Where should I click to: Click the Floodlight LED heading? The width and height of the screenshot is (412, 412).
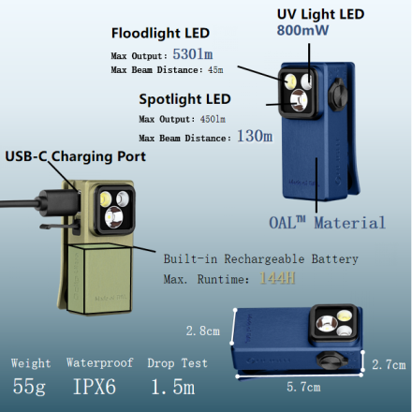click(160, 33)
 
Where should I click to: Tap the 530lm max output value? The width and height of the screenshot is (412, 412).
click(193, 54)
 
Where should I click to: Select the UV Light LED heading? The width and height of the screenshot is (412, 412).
click(320, 14)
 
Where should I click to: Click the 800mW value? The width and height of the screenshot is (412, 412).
click(302, 30)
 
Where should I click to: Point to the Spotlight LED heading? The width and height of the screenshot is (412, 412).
click(184, 99)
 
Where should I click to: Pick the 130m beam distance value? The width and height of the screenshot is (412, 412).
click(255, 136)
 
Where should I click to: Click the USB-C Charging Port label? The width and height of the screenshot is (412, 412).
click(76, 156)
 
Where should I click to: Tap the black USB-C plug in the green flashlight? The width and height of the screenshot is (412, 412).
click(59, 203)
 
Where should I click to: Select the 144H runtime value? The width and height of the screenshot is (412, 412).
click(277, 278)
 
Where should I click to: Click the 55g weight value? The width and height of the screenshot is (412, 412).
click(29, 387)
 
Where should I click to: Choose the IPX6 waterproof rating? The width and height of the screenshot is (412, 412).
click(95, 387)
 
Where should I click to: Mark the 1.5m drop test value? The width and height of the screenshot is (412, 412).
click(173, 387)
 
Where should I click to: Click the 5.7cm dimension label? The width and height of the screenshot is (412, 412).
click(303, 387)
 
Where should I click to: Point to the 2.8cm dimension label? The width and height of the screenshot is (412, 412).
click(203, 331)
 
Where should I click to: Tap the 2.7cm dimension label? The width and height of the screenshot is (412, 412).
click(389, 364)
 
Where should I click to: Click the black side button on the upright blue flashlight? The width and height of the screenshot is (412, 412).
click(338, 95)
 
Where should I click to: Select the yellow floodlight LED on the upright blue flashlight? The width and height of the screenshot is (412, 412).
click(290, 81)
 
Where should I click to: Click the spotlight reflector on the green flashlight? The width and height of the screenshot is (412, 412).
click(113, 217)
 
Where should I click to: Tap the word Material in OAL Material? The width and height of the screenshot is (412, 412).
click(350, 223)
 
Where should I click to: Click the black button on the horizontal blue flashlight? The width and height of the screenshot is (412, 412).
click(332, 360)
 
